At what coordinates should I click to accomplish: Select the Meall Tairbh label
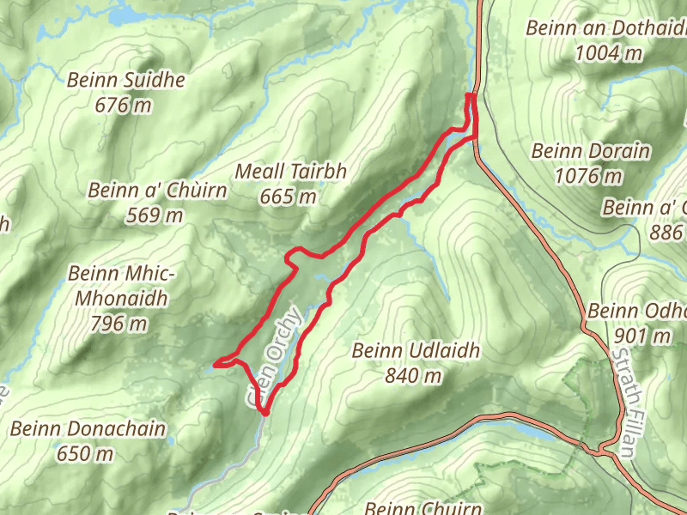click(x=290, y=172)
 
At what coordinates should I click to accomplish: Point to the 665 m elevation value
click(x=289, y=197)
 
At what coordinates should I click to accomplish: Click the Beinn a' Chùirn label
click(x=158, y=190)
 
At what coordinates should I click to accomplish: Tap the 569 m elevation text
click(x=155, y=215)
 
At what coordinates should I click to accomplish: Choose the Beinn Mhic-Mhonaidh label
click(x=120, y=287)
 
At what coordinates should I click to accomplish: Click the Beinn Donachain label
click(x=88, y=427)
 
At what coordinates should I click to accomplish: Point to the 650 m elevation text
click(x=85, y=452)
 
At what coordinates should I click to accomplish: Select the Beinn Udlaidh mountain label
click(x=416, y=350)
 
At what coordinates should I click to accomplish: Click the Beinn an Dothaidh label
click(x=606, y=28)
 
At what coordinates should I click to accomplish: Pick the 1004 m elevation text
click(x=609, y=53)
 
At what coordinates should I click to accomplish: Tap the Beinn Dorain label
click(x=591, y=151)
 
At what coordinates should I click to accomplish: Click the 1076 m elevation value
click(x=589, y=177)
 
